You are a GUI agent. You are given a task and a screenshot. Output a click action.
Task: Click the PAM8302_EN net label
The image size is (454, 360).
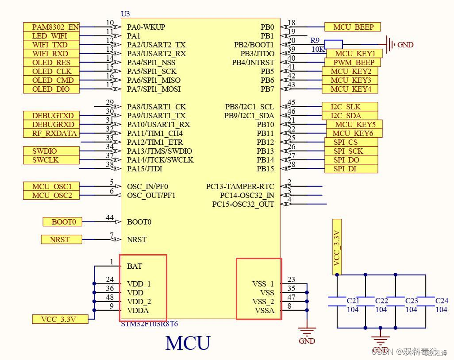(51, 27)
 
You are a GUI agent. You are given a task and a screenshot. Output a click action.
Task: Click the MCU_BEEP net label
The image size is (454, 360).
(352, 27)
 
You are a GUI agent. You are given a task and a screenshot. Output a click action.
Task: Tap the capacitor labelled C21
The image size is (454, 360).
(337, 301)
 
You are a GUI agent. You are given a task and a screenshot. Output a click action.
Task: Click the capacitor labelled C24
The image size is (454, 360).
(426, 301)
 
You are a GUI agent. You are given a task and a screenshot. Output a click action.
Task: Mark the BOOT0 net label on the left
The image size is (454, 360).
(62, 222)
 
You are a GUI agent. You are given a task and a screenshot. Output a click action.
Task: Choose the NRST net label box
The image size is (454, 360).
(62, 240)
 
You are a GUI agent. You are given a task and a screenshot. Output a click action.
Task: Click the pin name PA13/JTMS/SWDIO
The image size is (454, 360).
(160, 151)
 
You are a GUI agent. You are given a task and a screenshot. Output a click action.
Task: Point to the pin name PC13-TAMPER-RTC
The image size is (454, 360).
(240, 186)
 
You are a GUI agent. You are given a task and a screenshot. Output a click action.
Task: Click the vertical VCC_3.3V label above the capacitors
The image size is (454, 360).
(337, 247)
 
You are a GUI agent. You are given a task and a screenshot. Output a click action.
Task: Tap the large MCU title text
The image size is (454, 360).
(188, 343)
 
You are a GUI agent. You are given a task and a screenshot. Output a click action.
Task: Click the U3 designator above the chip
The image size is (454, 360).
(125, 14)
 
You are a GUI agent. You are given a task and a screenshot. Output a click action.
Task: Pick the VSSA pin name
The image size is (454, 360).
(264, 310)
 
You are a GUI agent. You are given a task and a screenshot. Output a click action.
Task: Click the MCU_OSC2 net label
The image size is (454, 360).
(52, 195)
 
